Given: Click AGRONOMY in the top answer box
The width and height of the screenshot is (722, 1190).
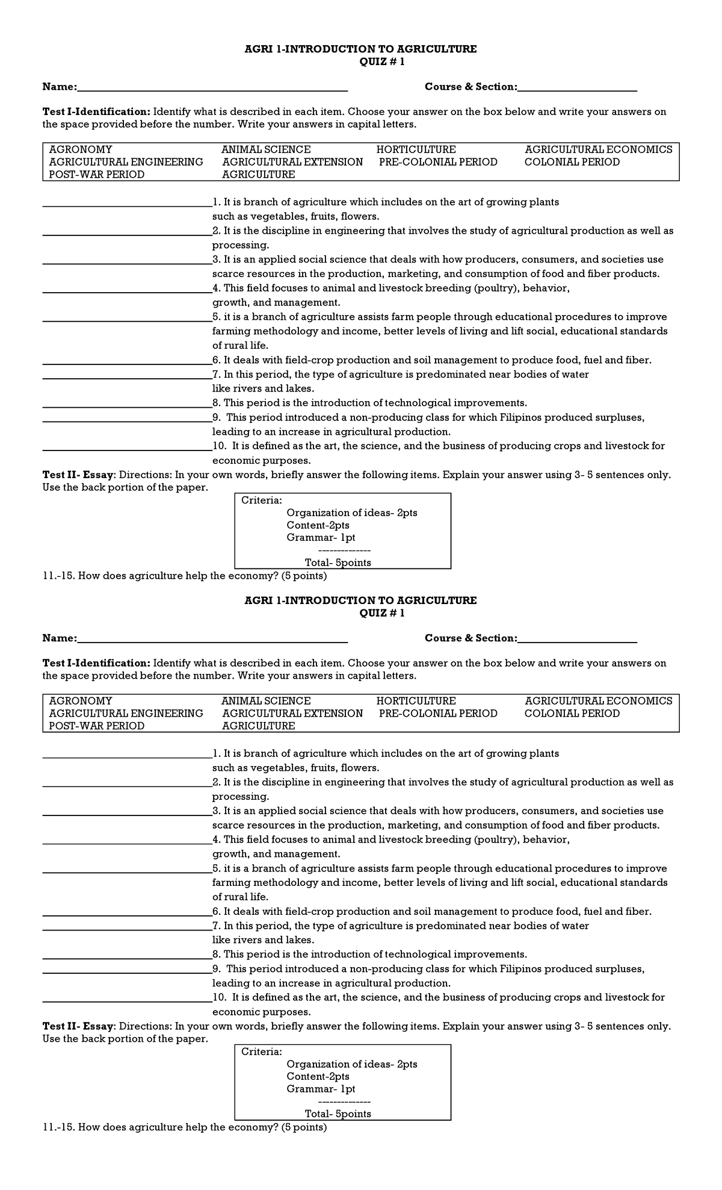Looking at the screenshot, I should (x=81, y=149).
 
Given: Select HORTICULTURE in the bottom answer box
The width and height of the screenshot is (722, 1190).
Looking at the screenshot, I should (x=416, y=700).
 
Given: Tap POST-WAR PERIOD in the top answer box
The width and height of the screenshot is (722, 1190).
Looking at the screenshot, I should (x=96, y=175).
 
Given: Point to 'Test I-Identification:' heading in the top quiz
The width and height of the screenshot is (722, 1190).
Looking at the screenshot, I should (x=96, y=112).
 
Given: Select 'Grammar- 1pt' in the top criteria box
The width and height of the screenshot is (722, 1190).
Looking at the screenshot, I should (x=321, y=537).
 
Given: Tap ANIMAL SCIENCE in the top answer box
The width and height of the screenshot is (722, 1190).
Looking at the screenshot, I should (x=266, y=149).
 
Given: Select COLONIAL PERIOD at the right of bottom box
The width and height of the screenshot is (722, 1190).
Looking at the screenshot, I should (x=572, y=713).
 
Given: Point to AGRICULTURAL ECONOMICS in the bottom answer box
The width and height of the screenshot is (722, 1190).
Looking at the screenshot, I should (x=598, y=700).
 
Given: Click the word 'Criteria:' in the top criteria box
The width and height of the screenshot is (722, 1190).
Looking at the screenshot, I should (x=261, y=500).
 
